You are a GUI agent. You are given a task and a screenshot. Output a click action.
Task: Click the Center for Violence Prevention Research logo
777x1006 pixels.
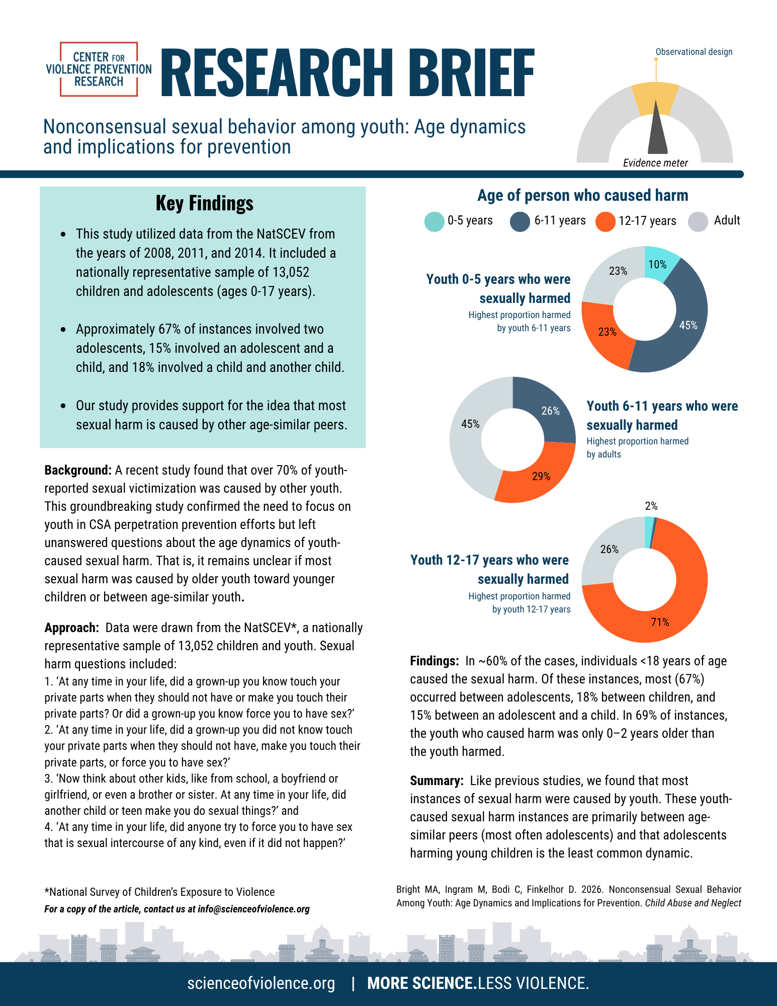(x=99, y=69)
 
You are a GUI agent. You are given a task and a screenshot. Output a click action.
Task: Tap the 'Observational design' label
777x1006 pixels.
(x=694, y=52)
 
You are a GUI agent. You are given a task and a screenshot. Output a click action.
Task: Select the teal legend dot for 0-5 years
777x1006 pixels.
(x=434, y=221)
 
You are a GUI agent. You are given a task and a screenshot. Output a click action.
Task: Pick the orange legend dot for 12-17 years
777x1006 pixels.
(x=605, y=221)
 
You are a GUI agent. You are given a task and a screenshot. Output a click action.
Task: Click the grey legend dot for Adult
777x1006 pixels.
(x=698, y=221)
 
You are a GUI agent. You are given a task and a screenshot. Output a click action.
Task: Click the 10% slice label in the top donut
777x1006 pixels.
(x=657, y=265)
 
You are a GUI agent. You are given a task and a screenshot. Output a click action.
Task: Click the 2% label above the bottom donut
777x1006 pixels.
(x=651, y=506)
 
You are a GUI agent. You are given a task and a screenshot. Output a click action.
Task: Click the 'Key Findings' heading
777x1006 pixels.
(x=204, y=203)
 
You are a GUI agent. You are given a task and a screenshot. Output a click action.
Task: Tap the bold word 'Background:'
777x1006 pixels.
(x=78, y=470)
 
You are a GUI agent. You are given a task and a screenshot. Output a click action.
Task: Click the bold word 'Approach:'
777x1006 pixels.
(x=72, y=628)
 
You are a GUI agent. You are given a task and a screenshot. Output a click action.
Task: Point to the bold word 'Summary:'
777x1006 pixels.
(x=437, y=781)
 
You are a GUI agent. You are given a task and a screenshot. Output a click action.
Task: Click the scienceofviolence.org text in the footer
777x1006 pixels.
(x=261, y=983)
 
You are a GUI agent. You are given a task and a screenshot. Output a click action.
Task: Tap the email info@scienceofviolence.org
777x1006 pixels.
(x=253, y=909)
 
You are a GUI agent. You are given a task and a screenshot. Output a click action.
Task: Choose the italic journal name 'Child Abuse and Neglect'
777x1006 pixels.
(x=693, y=903)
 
